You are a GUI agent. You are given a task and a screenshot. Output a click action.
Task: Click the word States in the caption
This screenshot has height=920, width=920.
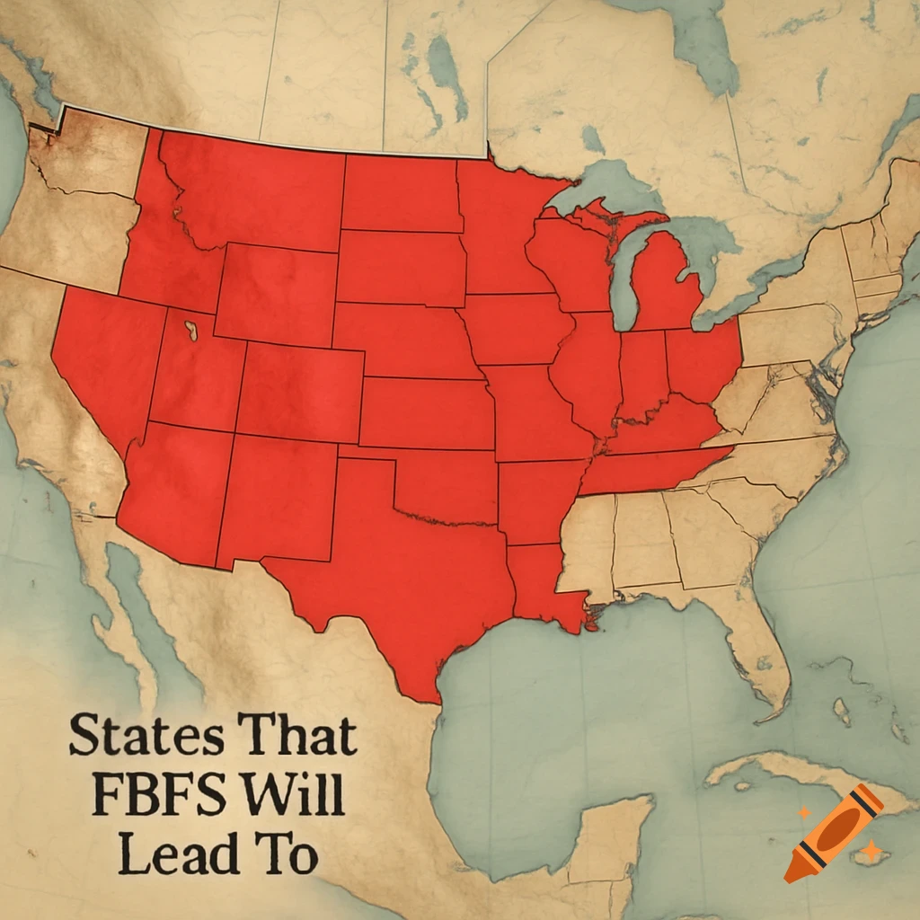(147, 737)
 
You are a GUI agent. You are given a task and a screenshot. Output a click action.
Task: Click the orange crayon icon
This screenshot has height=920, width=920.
(833, 831)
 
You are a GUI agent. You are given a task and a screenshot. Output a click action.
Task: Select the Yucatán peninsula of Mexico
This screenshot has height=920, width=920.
(611, 836)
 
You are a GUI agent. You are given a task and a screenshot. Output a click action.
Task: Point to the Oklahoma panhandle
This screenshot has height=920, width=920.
(368, 453)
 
